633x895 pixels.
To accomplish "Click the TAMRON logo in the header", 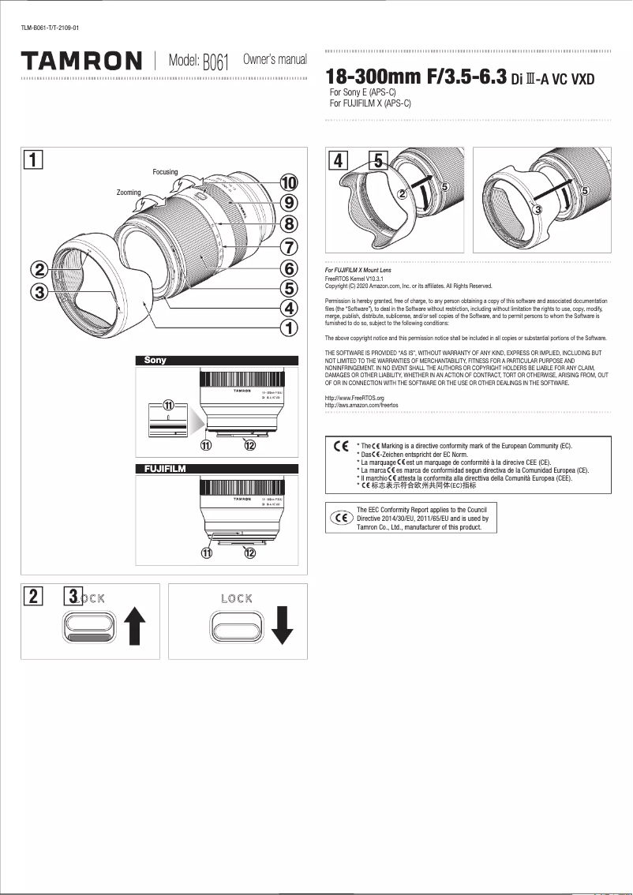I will [81, 61].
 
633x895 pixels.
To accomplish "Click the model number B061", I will [215, 62].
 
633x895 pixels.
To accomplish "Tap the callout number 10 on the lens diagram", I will [289, 183].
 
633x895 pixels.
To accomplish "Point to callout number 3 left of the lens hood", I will [37, 292].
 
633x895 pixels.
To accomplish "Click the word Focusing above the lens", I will [165, 172].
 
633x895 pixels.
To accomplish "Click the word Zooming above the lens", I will [129, 193].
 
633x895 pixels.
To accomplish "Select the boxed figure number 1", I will [33, 159].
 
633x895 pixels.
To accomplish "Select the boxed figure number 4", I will [338, 159].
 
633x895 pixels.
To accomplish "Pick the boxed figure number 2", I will [33, 596].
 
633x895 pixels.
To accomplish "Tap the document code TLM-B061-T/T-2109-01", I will [50, 28].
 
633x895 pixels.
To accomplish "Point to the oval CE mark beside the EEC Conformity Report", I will [341, 519].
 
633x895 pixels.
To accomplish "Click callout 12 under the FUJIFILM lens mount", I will [250, 553].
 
